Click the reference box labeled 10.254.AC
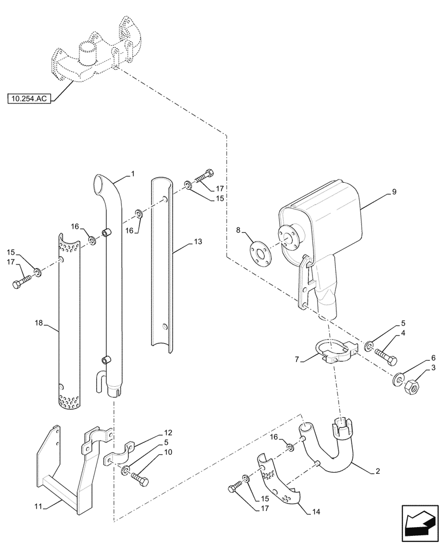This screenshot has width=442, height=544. point(29,99)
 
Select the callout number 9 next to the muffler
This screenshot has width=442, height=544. point(394,192)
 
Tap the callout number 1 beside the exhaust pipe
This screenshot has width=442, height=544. point(133,175)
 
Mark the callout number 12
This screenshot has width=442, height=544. point(168,432)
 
